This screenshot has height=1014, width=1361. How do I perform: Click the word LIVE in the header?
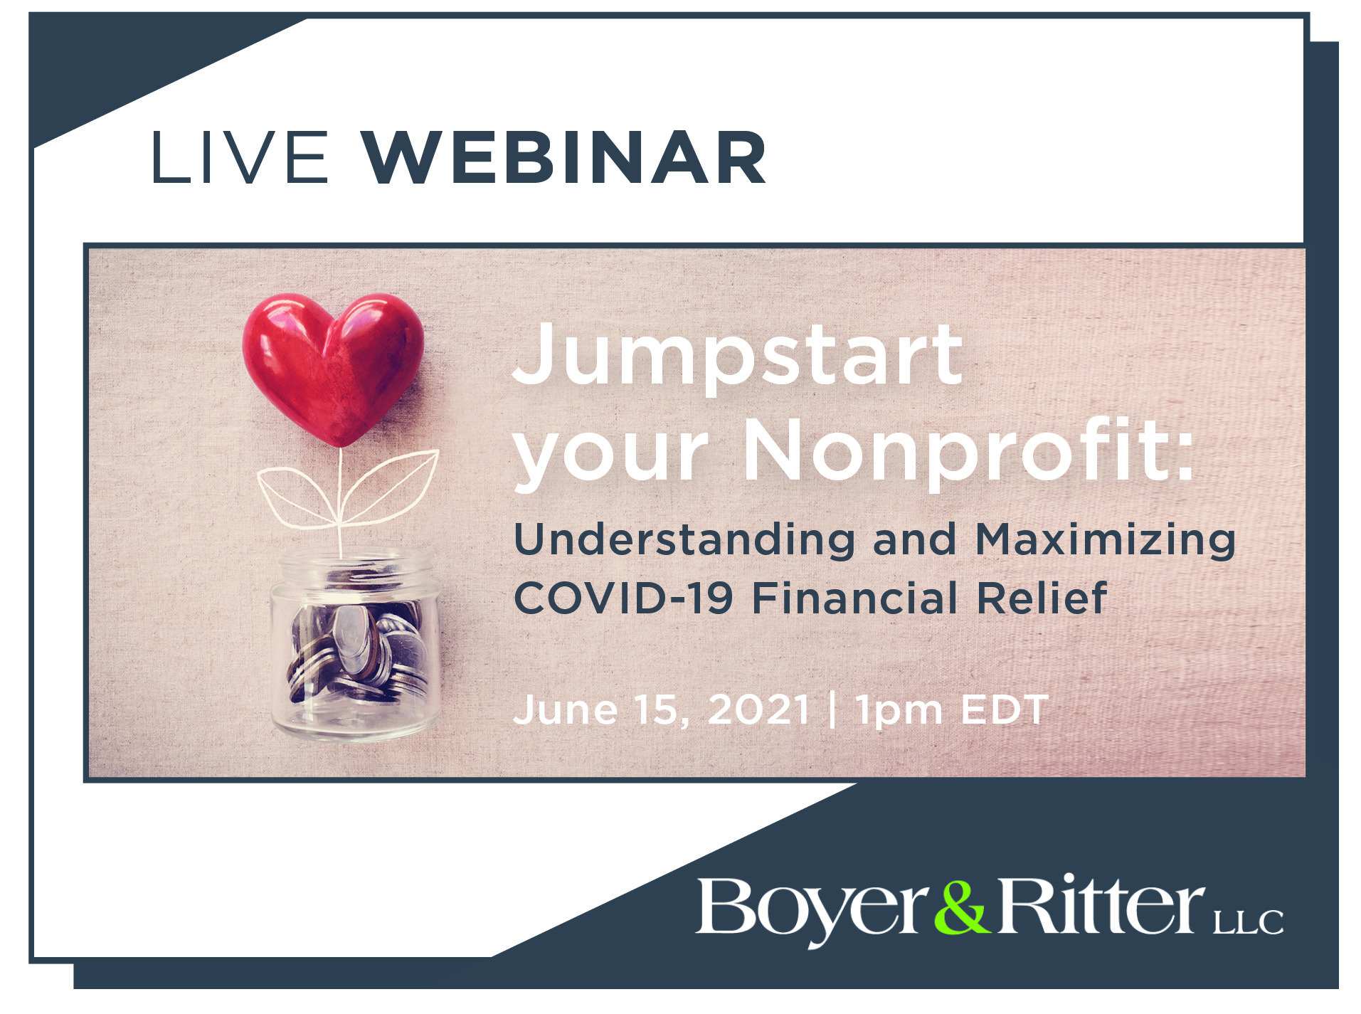[239, 157]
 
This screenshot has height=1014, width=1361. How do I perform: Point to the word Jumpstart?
[737, 355]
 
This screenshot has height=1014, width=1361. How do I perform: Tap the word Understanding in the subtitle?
[684, 539]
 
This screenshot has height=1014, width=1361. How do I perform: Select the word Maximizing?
[1105, 539]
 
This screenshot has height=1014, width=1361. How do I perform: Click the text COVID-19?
[623, 597]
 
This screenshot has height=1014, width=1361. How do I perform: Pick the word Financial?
[854, 597]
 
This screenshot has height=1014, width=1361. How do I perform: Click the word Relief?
[1042, 597]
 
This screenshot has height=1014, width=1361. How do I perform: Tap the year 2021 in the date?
[759, 709]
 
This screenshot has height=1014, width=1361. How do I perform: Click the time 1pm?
[899, 711]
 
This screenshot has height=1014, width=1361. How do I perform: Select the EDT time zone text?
[1005, 709]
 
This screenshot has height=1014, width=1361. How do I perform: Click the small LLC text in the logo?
[1248, 921]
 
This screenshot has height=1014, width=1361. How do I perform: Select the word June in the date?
[565, 709]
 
